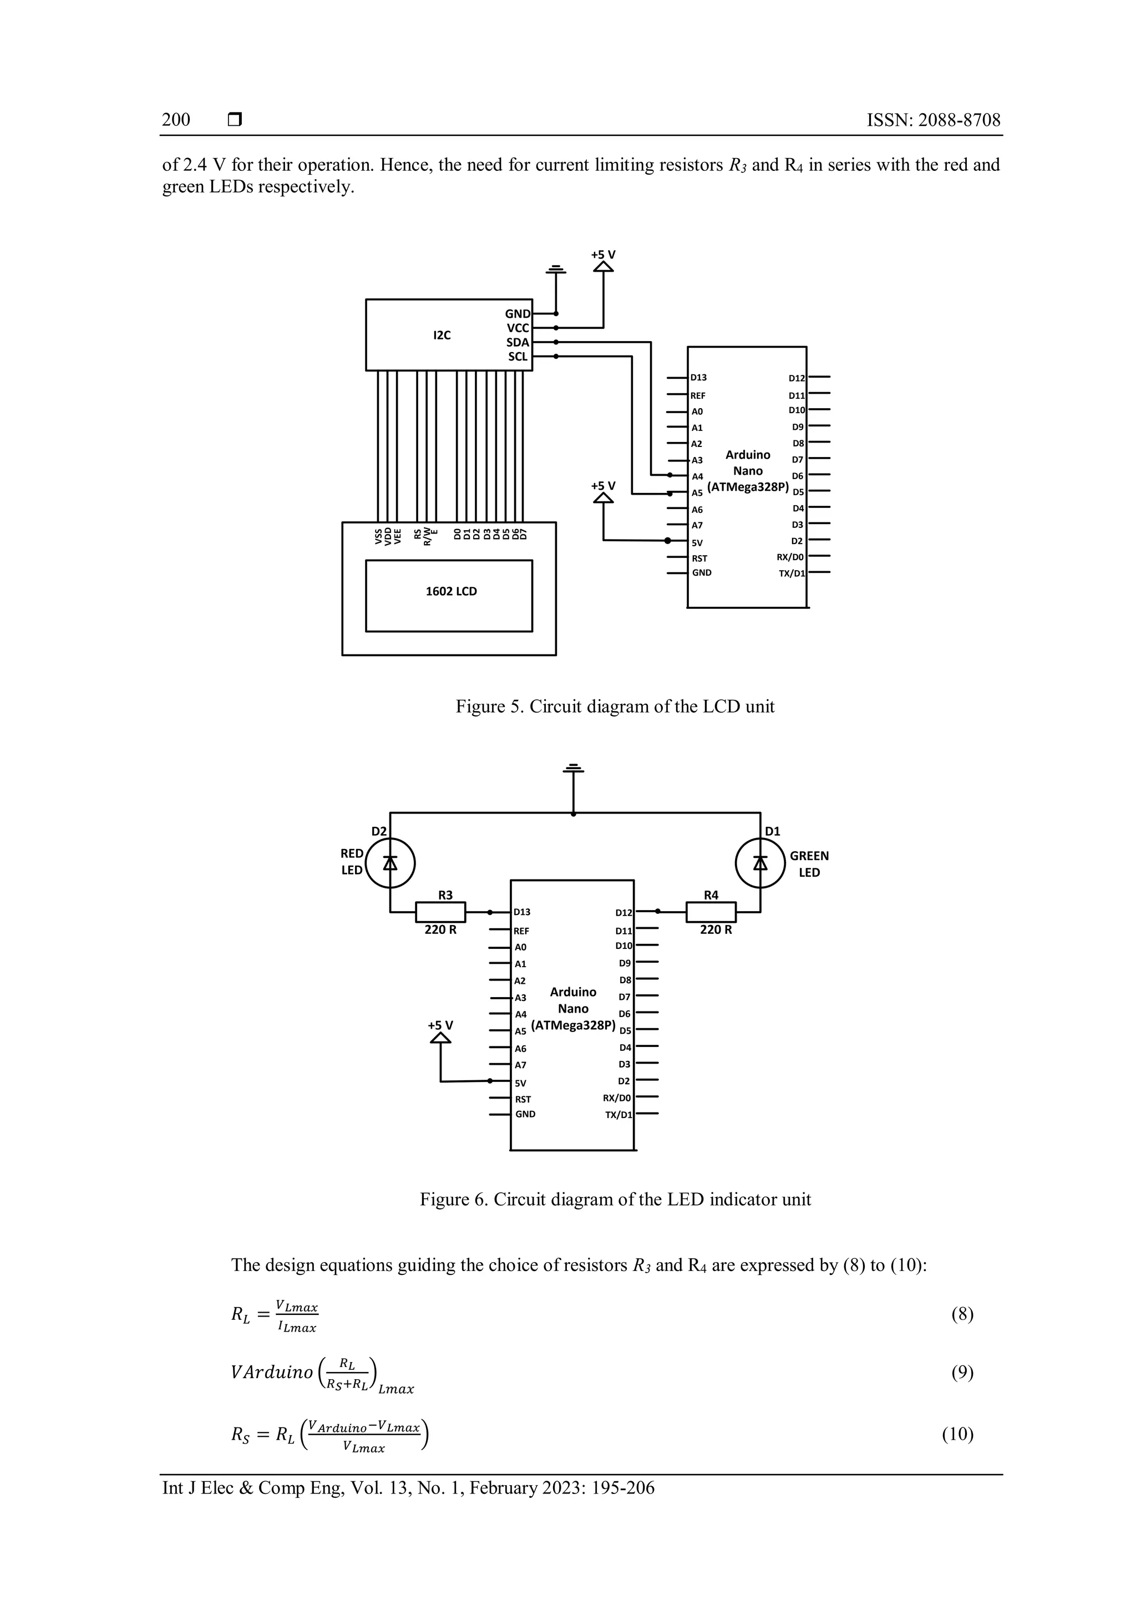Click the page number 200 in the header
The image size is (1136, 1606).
click(176, 120)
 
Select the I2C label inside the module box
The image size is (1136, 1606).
click(442, 335)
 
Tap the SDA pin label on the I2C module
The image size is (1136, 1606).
click(518, 343)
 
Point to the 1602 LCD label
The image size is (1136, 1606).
click(451, 591)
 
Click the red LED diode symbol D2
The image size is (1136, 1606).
click(390, 863)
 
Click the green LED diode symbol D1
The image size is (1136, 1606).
click(760, 863)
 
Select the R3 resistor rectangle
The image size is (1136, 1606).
click(440, 912)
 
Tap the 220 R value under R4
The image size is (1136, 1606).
click(716, 931)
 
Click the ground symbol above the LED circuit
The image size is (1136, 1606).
click(574, 769)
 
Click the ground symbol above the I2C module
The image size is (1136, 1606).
click(556, 268)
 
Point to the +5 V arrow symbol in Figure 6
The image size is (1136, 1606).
click(440, 1038)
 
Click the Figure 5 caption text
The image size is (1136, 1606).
click(615, 707)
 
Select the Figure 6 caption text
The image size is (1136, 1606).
click(615, 1200)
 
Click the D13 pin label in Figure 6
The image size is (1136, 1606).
click(522, 912)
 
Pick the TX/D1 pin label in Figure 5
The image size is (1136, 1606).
click(792, 573)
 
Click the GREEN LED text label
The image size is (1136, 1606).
click(809, 864)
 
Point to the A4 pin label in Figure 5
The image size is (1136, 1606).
click(697, 477)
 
